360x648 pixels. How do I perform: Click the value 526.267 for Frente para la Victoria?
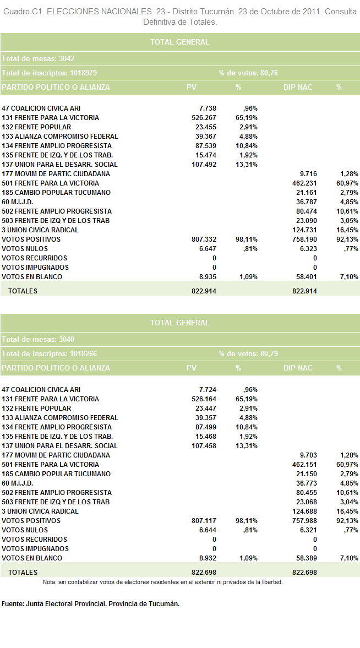tap(204, 118)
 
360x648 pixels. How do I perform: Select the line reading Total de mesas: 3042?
tap(38, 59)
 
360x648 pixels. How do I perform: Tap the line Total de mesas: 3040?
tap(38, 340)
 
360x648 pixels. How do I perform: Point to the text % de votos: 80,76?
tap(248, 73)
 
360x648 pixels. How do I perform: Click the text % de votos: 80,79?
tap(248, 354)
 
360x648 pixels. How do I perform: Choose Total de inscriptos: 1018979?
tap(49, 73)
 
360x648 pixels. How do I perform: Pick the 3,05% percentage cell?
tap(349, 221)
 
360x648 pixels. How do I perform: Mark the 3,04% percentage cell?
tap(349, 502)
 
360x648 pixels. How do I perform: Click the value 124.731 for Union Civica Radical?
tap(304, 230)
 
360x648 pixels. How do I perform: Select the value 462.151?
tap(304, 465)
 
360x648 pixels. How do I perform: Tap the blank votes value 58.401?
tap(307, 277)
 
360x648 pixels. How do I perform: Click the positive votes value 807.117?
tap(204, 521)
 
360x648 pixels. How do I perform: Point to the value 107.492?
tap(204, 165)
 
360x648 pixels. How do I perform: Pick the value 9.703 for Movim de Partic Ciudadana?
tap(308, 455)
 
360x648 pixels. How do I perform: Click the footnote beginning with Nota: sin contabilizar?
tap(163, 582)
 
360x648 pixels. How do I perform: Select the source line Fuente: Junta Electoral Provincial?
tap(90, 604)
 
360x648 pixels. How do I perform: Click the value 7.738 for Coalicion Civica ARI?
tap(208, 108)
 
